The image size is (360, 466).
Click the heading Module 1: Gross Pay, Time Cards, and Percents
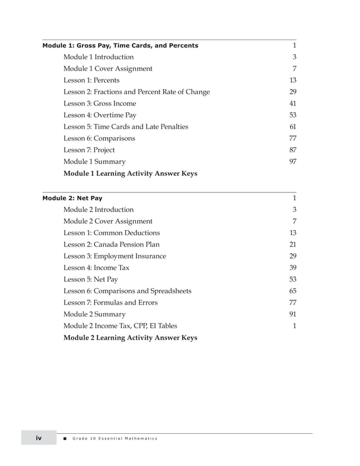click(x=120, y=46)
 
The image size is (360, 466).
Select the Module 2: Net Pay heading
click(x=72, y=199)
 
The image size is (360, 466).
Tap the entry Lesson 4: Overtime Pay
click(x=100, y=115)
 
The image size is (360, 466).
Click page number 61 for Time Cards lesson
click(x=292, y=127)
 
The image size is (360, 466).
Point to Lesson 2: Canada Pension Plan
click(x=111, y=245)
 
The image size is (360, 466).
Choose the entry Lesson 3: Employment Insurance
click(x=115, y=256)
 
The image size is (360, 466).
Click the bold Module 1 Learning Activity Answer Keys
click(x=130, y=174)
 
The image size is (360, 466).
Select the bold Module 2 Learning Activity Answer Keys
click(x=130, y=338)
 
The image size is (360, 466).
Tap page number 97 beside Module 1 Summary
click(x=292, y=162)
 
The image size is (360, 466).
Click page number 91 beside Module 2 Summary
click(x=292, y=314)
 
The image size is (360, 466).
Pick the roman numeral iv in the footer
click(x=39, y=438)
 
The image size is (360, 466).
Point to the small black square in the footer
click(x=65, y=439)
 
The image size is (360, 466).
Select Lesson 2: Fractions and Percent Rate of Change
click(x=137, y=92)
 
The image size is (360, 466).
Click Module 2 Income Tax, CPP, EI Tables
click(x=120, y=326)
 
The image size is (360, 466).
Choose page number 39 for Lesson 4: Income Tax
click(x=292, y=268)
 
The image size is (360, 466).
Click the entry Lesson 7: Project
click(x=89, y=150)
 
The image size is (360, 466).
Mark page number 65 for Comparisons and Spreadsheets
click(x=292, y=291)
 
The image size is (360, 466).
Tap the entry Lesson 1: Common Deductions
click(x=112, y=233)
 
